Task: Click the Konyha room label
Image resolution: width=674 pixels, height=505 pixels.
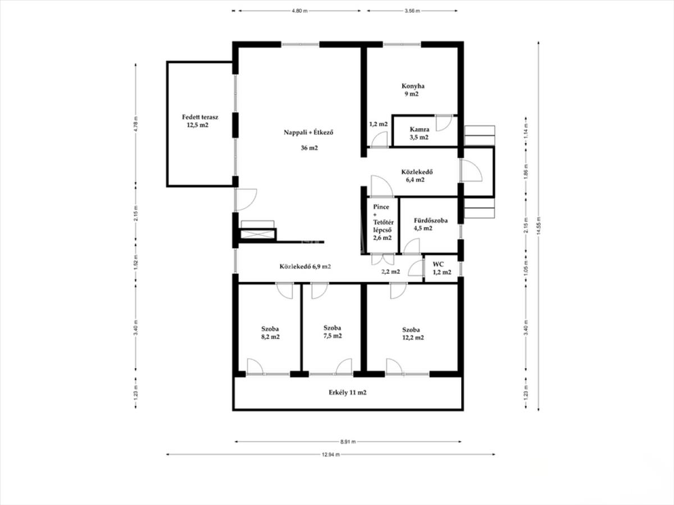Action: tap(413, 86)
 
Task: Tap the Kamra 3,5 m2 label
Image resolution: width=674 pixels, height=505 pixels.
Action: tap(419, 134)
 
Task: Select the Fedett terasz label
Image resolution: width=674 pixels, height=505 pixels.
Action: tap(200, 117)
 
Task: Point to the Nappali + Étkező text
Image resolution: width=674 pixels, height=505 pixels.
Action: tap(308, 132)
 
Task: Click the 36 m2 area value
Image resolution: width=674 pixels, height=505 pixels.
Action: tap(309, 148)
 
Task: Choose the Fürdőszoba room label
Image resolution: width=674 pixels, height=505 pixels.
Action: tap(430, 221)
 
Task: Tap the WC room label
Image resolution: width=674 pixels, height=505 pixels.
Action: tap(438, 264)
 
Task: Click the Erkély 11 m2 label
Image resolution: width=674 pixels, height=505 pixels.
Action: tap(348, 392)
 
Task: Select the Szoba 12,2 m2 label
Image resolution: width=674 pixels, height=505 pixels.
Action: tap(413, 334)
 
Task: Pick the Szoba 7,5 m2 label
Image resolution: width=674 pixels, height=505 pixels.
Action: tap(333, 332)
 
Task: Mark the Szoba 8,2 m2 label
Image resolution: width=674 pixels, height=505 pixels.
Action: tap(270, 333)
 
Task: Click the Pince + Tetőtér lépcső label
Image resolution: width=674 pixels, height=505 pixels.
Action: tap(383, 222)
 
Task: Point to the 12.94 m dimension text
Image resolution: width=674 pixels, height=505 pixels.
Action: tap(331, 454)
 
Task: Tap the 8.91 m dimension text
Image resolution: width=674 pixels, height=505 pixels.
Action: tap(348, 442)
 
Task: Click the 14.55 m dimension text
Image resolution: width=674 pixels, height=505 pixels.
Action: tap(539, 226)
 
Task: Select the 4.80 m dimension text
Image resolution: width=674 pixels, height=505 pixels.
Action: tap(300, 11)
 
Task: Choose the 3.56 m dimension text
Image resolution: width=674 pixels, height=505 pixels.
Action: tap(412, 11)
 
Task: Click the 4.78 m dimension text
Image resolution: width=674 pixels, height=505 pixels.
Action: tap(136, 124)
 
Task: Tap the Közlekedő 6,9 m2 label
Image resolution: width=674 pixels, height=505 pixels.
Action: tap(305, 267)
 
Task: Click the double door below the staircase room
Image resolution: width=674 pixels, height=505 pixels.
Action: tap(382, 259)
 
